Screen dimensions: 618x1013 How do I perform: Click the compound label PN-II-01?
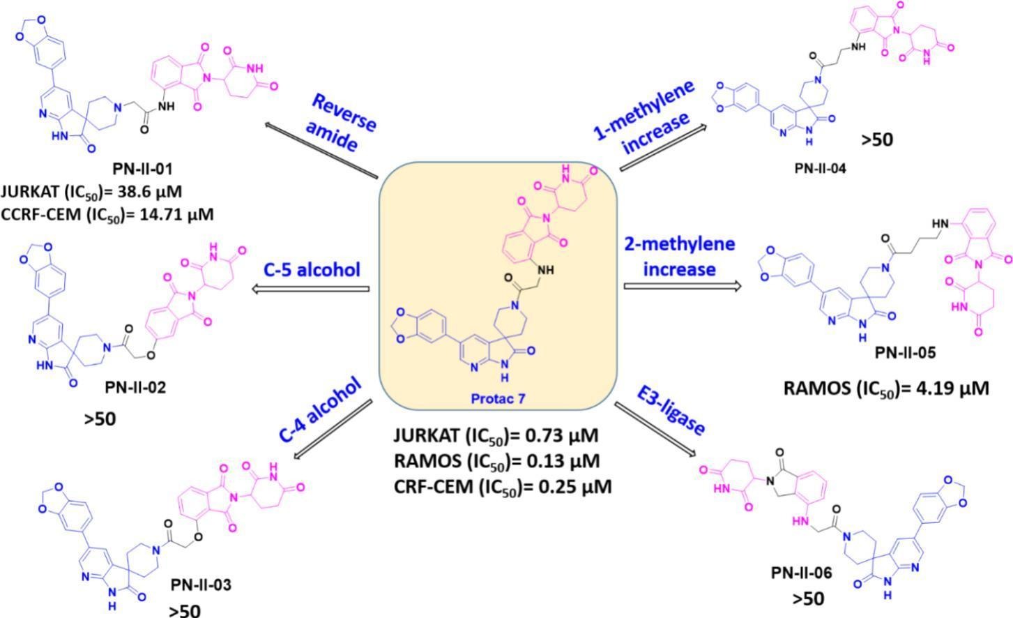click(x=142, y=168)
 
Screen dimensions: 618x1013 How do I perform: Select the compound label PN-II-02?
click(x=135, y=387)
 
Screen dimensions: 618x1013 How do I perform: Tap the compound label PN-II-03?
click(x=201, y=585)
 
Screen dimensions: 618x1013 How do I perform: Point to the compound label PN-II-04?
click(x=820, y=167)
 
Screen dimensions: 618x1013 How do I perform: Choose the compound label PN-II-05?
click(x=906, y=353)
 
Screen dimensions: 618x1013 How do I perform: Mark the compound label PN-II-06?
click(x=802, y=573)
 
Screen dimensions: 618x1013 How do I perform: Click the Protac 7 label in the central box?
click(x=498, y=398)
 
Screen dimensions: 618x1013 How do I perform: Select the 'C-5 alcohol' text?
click(x=312, y=269)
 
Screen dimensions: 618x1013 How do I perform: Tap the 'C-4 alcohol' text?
click(x=321, y=409)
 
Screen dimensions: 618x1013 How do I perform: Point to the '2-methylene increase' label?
click(x=679, y=256)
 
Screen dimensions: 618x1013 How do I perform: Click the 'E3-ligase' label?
click(x=671, y=412)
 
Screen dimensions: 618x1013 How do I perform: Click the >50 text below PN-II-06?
click(x=807, y=598)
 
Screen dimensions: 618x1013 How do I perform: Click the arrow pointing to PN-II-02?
click(x=310, y=288)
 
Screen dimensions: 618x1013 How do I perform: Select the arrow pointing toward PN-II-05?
click(x=681, y=286)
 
